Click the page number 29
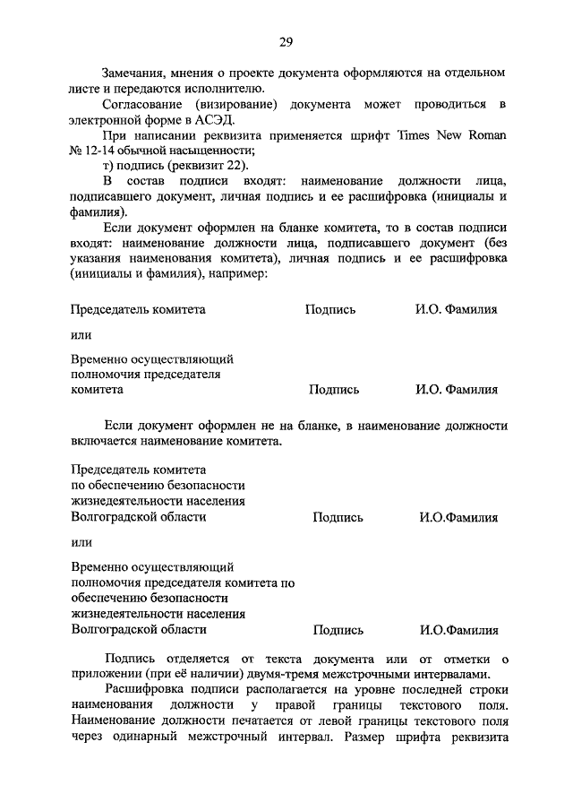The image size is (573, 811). (x=286, y=41)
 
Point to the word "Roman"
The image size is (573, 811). (x=486, y=135)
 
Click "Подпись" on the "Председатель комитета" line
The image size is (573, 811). (x=329, y=309)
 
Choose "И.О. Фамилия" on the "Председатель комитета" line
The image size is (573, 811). (x=456, y=309)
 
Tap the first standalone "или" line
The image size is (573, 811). (x=81, y=335)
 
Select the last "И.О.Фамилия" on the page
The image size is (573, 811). (x=458, y=630)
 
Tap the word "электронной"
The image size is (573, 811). (x=102, y=119)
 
